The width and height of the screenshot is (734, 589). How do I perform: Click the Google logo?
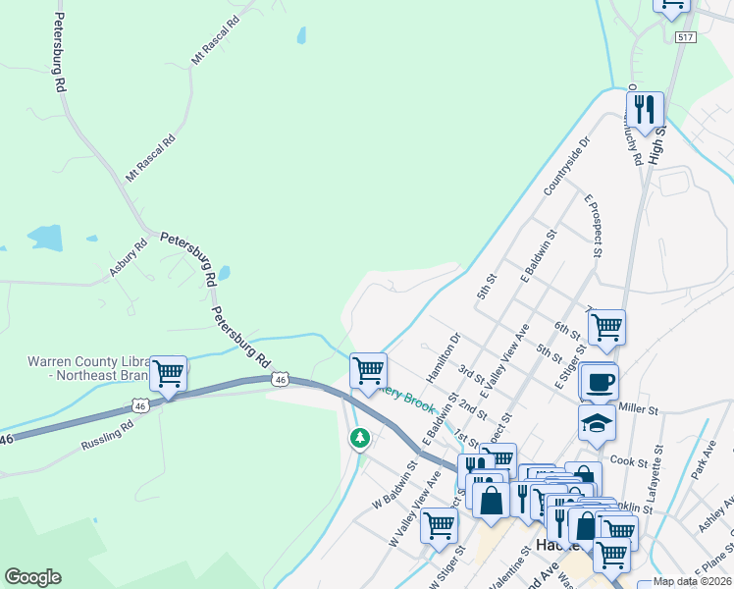(x=32, y=577)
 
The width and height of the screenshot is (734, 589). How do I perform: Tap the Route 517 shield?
(x=685, y=36)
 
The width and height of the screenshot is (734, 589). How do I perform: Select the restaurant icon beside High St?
(x=645, y=110)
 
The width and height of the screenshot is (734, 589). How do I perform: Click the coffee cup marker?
(x=598, y=381)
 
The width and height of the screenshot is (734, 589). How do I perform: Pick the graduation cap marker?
(x=597, y=422)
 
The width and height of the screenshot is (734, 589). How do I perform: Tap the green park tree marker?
(x=360, y=437)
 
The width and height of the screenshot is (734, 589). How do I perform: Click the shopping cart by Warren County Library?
(x=169, y=373)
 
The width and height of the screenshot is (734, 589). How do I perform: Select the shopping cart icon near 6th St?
(x=606, y=326)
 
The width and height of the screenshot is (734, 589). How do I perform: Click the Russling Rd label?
(x=107, y=434)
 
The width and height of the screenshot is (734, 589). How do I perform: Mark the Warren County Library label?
(x=88, y=367)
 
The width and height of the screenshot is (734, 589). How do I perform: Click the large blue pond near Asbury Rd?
(x=45, y=237)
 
